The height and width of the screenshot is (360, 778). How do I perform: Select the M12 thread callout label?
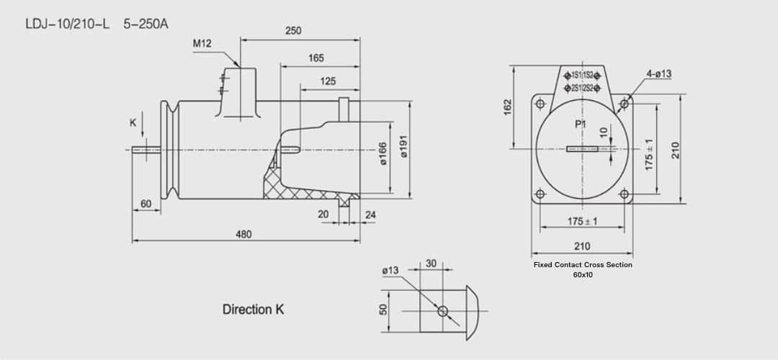point(202,44)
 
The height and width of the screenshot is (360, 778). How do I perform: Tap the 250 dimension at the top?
point(293,31)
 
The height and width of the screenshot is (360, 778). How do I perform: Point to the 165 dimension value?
point(316,58)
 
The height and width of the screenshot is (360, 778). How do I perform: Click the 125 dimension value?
point(328,81)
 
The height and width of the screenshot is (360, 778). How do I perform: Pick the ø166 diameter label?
point(383,153)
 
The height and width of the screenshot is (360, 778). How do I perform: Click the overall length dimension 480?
point(243,234)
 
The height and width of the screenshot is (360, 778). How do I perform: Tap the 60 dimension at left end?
point(146,204)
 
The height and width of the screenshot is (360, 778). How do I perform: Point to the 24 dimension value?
point(370,215)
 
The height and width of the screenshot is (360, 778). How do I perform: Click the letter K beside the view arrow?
point(133,123)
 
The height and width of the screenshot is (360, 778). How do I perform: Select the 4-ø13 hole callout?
point(658,73)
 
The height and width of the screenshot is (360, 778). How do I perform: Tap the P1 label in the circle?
point(581,125)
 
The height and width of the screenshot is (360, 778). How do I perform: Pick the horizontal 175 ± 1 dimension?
point(582,221)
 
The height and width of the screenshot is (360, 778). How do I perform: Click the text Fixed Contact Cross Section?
point(582,265)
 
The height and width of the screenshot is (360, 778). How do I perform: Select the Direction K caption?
point(253,310)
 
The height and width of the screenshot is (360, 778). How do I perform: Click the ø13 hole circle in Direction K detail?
point(442,311)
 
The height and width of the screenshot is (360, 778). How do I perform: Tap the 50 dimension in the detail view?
point(384,309)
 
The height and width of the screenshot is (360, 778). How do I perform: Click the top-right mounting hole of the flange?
point(624,104)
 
